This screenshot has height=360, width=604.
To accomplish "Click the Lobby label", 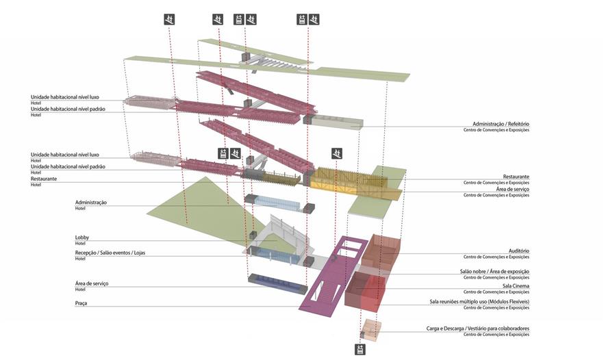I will tap(82, 237).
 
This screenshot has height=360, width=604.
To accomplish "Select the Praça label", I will tap(81, 303).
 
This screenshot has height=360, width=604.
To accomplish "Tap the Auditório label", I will tap(518, 251).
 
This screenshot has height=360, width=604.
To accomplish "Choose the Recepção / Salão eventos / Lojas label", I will tap(110, 253).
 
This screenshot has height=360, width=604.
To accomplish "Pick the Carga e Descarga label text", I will tap(477, 329).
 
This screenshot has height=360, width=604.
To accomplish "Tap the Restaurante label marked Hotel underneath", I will tap(44, 179).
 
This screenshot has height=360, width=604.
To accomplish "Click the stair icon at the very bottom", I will tap(360, 349).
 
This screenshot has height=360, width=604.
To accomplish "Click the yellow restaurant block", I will tap(349, 179).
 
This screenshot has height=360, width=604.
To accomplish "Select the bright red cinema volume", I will tap(370, 291).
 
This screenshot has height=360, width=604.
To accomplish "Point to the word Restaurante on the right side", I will tap(516, 177).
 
